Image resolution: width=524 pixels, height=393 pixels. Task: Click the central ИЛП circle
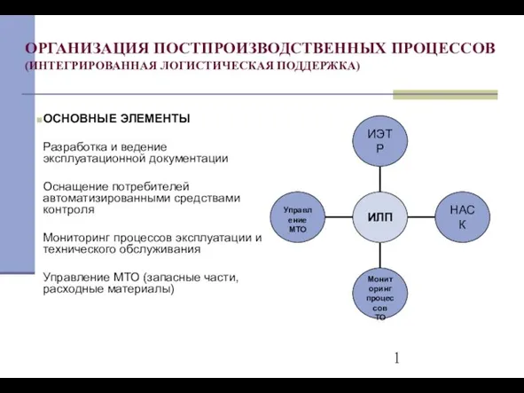click(380, 217)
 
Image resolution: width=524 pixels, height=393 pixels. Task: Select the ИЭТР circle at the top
click(380, 141)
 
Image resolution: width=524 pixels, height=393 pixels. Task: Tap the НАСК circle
click(462, 217)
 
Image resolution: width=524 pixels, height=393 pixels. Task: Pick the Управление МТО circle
click(297, 217)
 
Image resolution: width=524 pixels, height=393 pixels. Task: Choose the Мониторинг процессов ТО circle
click(380, 294)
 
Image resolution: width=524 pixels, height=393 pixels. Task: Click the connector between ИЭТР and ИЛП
click(380, 179)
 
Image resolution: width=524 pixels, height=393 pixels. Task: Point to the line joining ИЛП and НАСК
click(421, 217)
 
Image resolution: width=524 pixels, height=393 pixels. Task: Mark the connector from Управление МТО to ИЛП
click(339, 217)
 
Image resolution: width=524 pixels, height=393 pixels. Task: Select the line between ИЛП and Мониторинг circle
click(380, 255)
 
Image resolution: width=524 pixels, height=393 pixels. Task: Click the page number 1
click(396, 358)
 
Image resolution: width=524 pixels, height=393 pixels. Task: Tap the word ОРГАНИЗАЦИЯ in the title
click(87, 48)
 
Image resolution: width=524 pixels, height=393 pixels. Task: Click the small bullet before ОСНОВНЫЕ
click(39, 120)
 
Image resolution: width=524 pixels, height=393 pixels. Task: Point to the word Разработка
click(74, 147)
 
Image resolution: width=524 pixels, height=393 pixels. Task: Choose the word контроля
click(68, 209)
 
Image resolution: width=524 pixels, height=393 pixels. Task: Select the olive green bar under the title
click(445, 95)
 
